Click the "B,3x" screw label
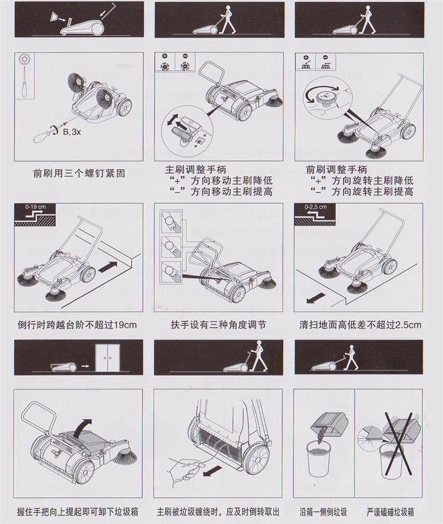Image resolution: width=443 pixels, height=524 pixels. [71, 132]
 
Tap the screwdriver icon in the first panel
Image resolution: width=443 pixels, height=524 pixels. [25, 80]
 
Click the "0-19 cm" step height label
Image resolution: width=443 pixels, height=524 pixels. [35, 207]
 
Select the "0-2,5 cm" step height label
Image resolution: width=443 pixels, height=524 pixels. [315, 207]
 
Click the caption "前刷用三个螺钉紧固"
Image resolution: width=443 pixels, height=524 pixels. [79, 173]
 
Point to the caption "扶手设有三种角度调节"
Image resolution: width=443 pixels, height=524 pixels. [219, 325]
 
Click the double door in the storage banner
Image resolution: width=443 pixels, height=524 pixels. [107, 358]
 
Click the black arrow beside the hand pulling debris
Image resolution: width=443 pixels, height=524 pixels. [212, 471]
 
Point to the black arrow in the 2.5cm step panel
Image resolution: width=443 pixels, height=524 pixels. [316, 297]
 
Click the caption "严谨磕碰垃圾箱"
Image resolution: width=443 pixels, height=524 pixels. [390, 511]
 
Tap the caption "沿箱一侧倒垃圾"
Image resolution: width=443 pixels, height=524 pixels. [323, 511]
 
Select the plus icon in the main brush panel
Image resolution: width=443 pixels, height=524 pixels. [165, 62]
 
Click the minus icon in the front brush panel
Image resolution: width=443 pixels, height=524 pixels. [325, 62]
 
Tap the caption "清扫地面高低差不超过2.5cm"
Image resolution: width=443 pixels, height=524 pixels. [360, 325]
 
